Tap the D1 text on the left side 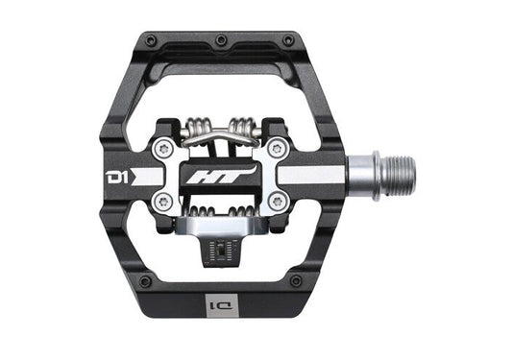click(x=117, y=177)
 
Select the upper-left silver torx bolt click(x=163, y=150)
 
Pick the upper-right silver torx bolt click(x=277, y=149)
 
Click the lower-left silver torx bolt click(x=163, y=202)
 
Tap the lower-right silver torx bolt click(x=277, y=202)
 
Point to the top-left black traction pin click(x=150, y=40)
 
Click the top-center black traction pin click(x=221, y=40)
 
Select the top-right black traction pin click(x=288, y=40)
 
